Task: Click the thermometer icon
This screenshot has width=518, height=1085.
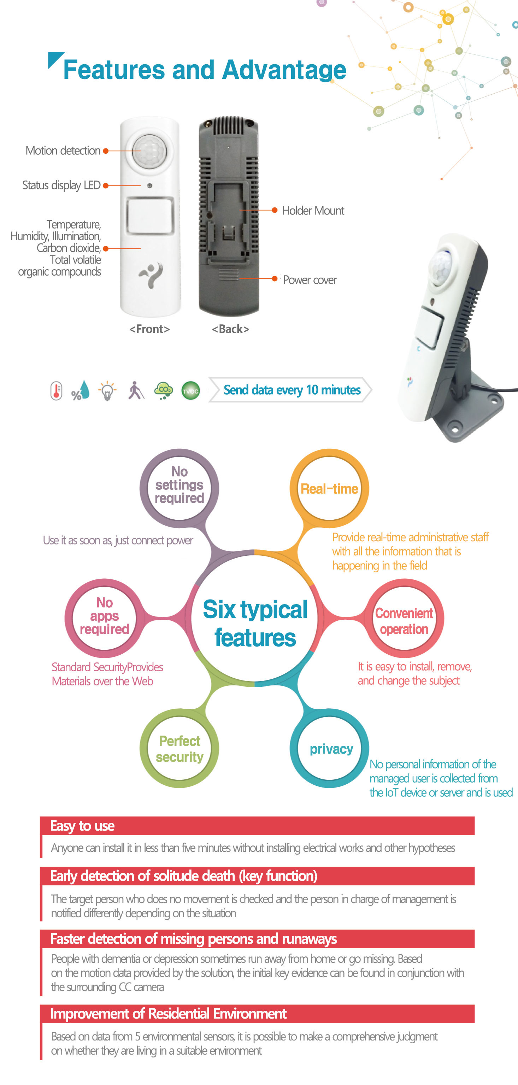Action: (x=56, y=391)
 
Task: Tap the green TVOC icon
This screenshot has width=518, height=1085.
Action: (x=191, y=391)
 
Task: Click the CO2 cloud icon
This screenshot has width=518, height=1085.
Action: (x=163, y=391)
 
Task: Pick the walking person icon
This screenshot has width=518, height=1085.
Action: (x=136, y=390)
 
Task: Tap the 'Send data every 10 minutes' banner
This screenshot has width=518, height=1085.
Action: (x=290, y=390)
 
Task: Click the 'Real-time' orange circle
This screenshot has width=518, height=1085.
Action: (x=329, y=488)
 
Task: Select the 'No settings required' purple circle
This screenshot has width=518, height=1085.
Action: (x=179, y=488)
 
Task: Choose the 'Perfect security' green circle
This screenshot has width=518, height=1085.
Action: (x=179, y=748)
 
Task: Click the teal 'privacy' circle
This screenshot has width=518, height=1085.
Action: (x=329, y=748)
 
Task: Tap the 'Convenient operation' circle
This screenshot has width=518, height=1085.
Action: (x=404, y=618)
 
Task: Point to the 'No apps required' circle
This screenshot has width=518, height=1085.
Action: (x=105, y=618)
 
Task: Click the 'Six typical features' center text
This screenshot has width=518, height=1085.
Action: (x=255, y=623)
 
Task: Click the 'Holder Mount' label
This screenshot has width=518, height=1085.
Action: (x=313, y=211)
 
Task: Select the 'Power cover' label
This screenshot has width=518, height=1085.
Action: (x=310, y=280)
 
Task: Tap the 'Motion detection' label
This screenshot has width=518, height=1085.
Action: (x=63, y=151)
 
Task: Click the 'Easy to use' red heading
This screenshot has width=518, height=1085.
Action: (x=82, y=826)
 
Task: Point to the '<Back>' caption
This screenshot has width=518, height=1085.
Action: (x=230, y=329)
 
